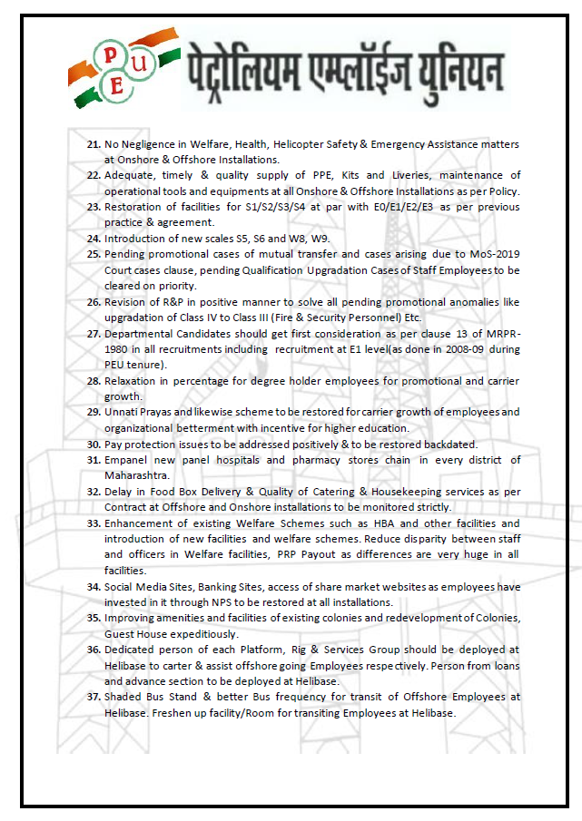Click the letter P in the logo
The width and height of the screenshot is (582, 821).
coord(109,53)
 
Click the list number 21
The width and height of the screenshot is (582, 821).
coord(94,145)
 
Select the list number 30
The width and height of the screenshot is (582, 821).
coord(94,445)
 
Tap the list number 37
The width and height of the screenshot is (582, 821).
coord(94,697)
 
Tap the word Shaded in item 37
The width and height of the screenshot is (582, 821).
coord(125,697)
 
